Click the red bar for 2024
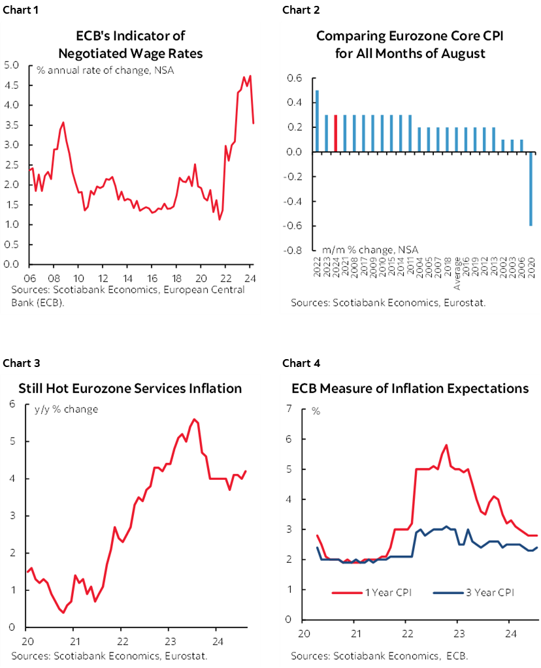[335, 134]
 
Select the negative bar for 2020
[531, 189]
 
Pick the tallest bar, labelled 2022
[317, 121]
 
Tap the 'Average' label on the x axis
[457, 276]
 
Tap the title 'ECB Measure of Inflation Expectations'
[410, 389]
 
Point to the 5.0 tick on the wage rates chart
[11, 65]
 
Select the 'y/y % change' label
[66, 409]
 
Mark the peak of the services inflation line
[193, 419]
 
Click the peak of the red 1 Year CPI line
[446, 445]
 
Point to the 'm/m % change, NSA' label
[369, 249]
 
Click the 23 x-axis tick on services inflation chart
[168, 640]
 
